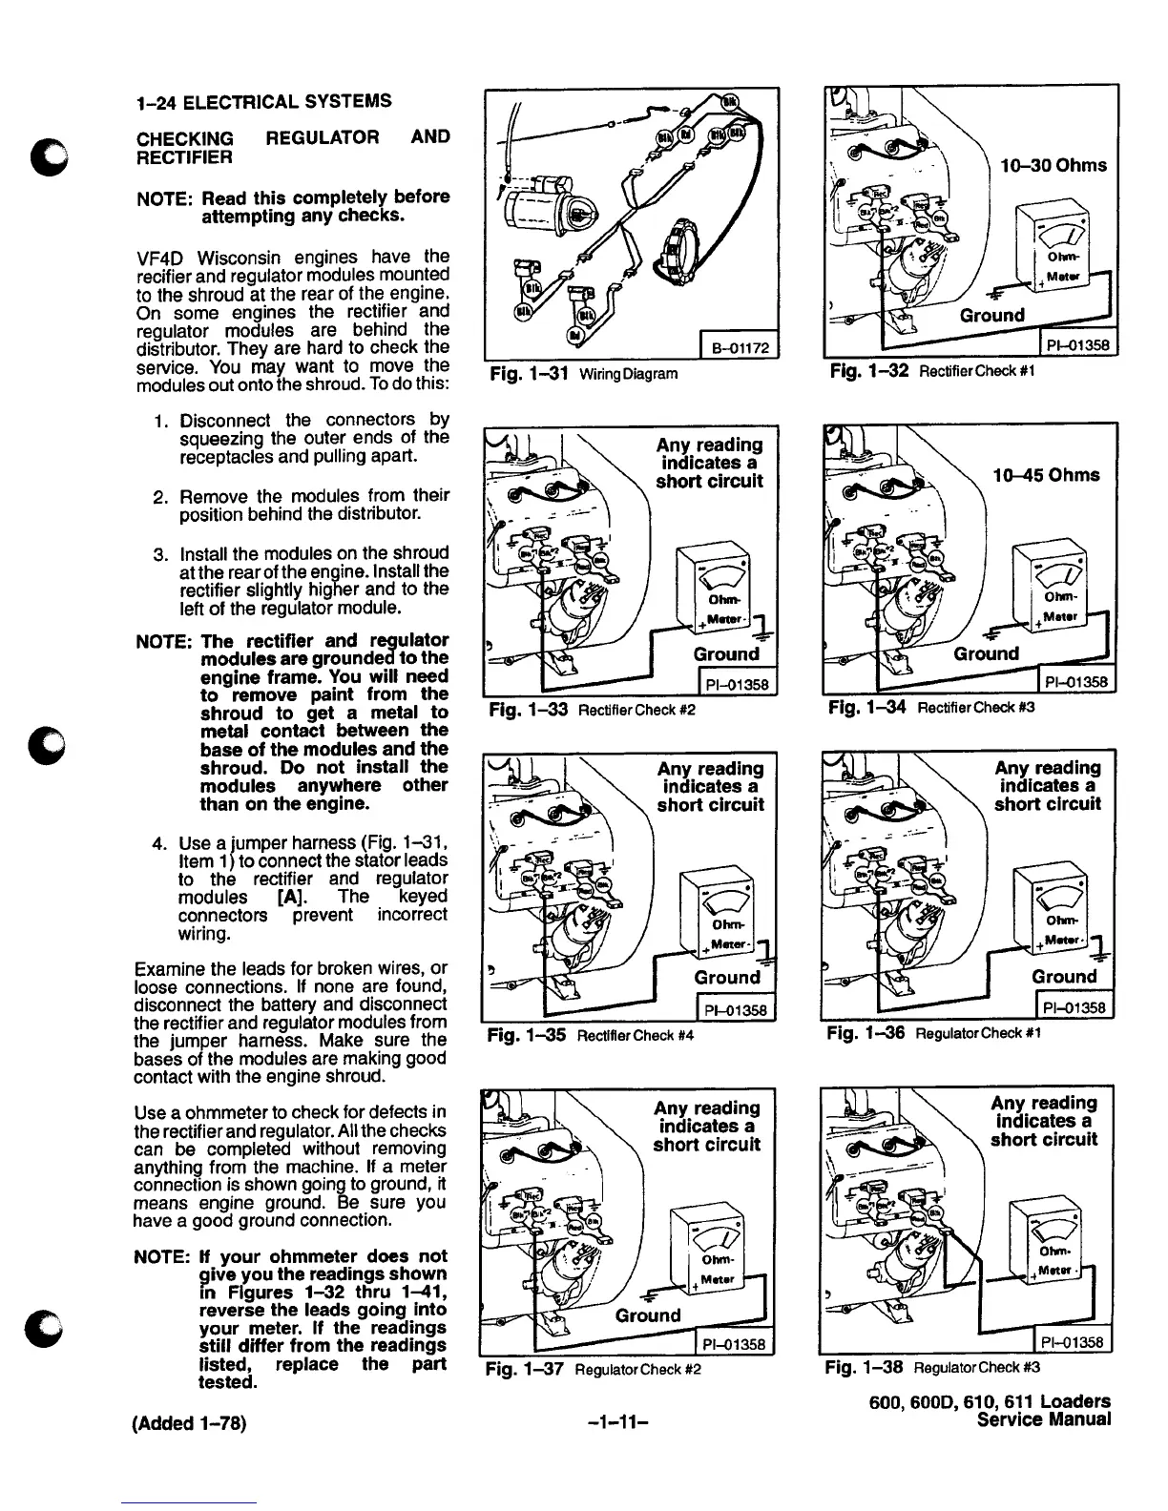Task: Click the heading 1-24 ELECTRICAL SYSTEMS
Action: [264, 101]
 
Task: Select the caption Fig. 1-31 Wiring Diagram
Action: [583, 374]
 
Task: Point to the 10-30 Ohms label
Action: [1053, 165]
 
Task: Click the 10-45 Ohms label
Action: [1047, 475]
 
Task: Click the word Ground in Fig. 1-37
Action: [648, 1315]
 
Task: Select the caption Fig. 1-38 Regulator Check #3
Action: [933, 1367]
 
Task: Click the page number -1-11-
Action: [619, 1425]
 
